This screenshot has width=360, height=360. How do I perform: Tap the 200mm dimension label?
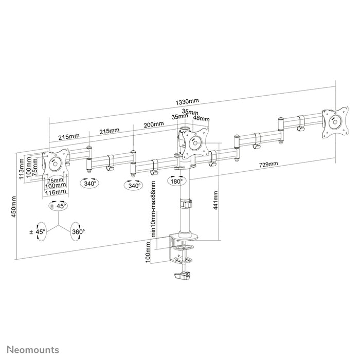point(154,124)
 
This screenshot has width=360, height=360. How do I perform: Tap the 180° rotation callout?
point(175,182)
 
